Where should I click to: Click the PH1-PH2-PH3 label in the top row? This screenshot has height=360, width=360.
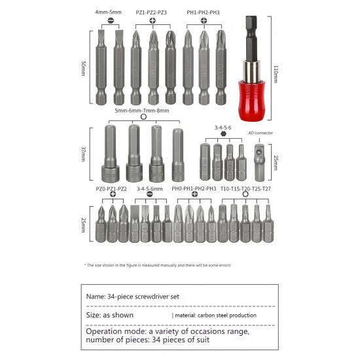[203, 12]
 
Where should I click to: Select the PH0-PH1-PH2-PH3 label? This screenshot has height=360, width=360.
[194, 189]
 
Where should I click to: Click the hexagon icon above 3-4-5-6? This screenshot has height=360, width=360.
[223, 132]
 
